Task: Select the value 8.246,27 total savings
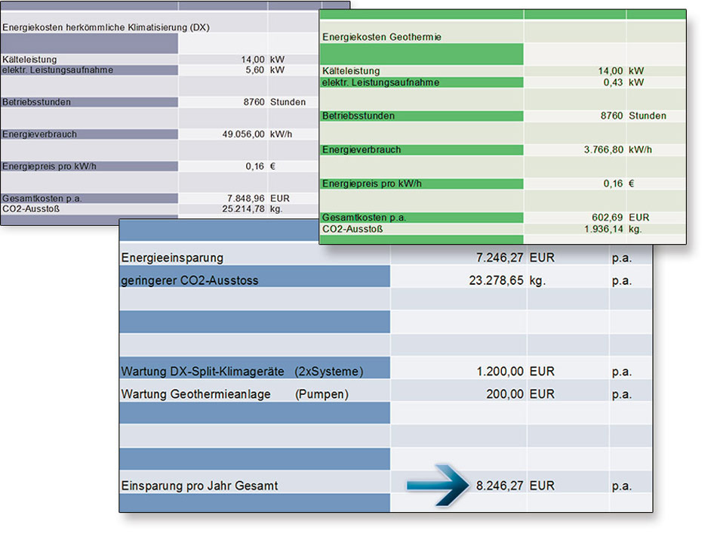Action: [x=499, y=486]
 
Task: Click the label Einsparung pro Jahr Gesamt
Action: [x=199, y=486]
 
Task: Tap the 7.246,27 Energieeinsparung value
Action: [x=499, y=258]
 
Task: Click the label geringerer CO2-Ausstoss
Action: [x=189, y=281]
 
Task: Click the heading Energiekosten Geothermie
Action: [x=382, y=36]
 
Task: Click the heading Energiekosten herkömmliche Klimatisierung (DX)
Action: [x=106, y=27]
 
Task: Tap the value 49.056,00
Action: [x=235, y=134]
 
